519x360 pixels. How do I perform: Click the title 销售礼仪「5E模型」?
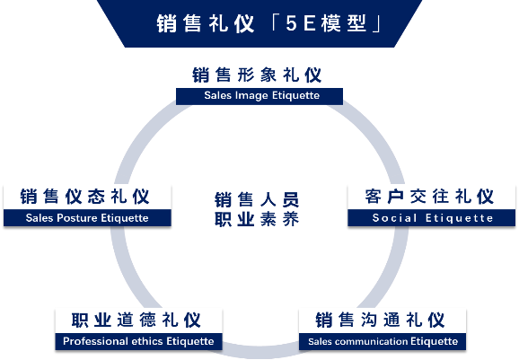[269, 23]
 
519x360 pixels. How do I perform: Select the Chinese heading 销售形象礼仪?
[257, 75]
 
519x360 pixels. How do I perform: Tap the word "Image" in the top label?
[251, 96]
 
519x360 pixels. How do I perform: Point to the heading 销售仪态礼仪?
[84, 197]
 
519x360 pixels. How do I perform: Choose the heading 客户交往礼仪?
[429, 197]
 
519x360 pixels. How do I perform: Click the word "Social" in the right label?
[394, 218]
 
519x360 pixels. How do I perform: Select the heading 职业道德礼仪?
[136, 320]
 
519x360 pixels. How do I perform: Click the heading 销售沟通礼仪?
[380, 320]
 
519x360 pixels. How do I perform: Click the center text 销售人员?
[257, 199]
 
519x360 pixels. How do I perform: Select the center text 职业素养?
[257, 219]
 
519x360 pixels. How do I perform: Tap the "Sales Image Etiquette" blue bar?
[259, 96]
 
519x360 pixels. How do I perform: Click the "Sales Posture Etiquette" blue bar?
[87, 218]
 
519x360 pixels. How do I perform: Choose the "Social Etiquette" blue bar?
[432, 218]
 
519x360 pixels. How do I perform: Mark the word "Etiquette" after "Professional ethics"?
[190, 341]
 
